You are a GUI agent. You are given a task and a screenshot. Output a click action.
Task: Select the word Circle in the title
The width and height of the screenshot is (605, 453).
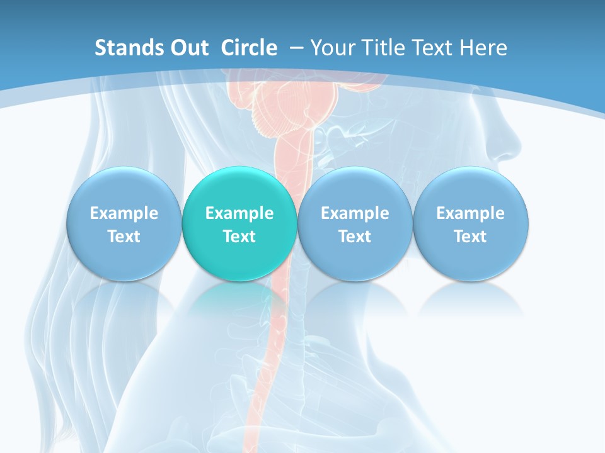tap(249, 48)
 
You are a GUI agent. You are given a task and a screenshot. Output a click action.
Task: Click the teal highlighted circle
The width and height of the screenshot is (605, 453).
tap(239, 223)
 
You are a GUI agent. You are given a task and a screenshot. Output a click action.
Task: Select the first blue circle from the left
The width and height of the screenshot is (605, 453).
tap(124, 223)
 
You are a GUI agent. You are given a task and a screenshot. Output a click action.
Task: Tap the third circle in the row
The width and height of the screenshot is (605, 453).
tap(355, 223)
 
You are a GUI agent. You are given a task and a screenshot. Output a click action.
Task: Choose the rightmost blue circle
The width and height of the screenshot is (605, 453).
tap(470, 223)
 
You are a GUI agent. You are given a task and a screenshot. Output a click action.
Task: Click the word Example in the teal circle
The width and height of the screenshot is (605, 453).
tap(239, 213)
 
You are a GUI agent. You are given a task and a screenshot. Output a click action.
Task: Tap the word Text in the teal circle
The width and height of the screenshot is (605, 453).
tap(239, 237)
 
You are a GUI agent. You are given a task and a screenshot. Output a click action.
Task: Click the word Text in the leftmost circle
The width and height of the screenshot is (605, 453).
tap(124, 237)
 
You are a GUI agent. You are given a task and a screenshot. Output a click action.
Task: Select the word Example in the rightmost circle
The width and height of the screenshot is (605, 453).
tap(470, 213)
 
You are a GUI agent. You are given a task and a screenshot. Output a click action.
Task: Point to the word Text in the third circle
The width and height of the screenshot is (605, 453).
tap(355, 237)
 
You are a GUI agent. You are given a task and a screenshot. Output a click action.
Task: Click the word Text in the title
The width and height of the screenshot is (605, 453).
tap(441, 48)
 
